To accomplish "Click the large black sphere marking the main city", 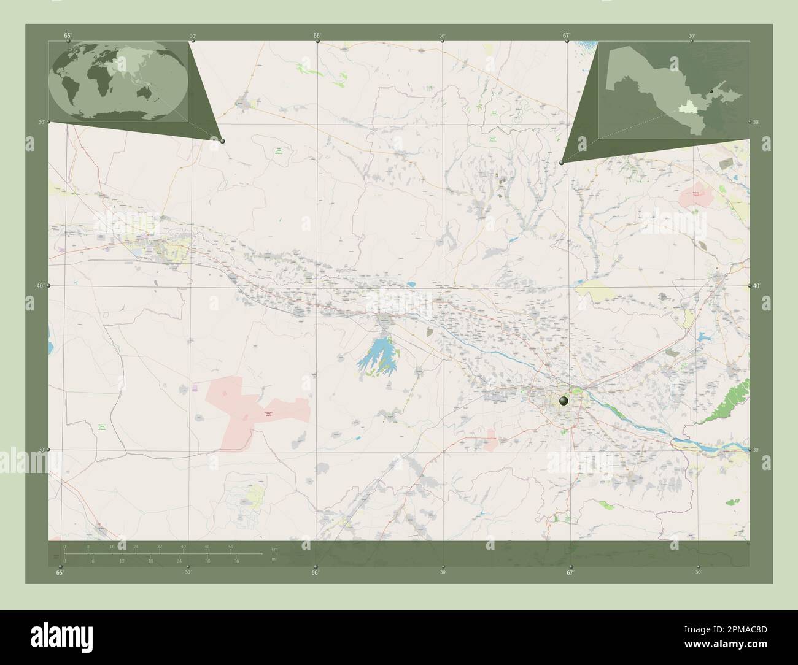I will pos(565,401).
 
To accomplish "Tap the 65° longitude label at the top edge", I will pos(68,36).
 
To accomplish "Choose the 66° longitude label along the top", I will pos(317,36).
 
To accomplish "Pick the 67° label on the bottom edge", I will pos(570,572).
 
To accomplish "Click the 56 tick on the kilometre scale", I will pos(231,546).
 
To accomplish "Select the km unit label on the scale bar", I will pos(274,550).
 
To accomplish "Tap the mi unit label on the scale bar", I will pos(274,558).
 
